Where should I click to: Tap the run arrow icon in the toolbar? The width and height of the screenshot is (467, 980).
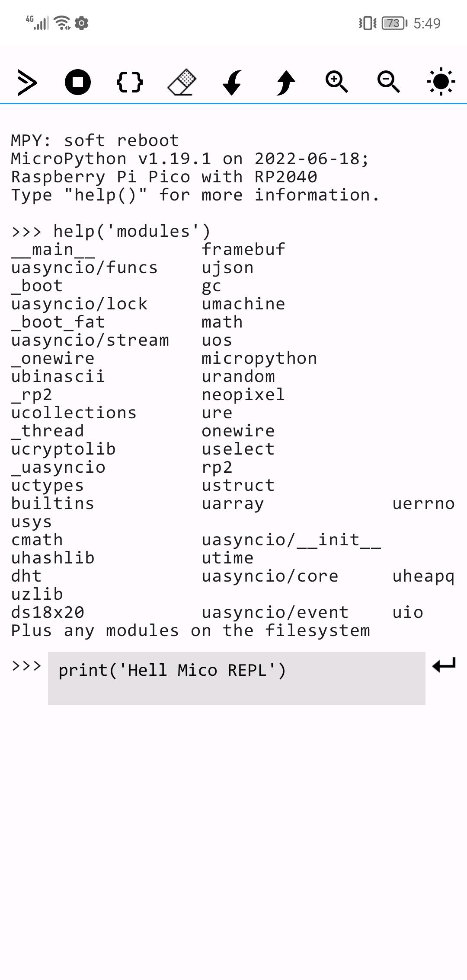(27, 82)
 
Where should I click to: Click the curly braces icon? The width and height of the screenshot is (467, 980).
(130, 82)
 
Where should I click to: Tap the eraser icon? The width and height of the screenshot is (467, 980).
(182, 82)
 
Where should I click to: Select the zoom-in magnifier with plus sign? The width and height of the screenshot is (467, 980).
(336, 82)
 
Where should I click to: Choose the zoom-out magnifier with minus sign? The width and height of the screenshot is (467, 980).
(388, 82)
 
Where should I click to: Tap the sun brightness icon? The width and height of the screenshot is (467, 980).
(441, 82)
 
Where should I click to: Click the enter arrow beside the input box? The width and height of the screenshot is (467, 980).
(444, 665)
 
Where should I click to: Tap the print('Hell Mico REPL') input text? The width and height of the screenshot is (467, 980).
(172, 670)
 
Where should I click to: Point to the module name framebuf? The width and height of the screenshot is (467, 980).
(243, 249)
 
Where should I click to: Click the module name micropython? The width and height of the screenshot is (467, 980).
(259, 358)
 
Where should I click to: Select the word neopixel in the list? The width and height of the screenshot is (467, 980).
(243, 395)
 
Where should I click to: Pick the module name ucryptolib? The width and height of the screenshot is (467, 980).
(63, 449)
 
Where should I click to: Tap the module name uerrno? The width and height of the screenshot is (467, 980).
(423, 503)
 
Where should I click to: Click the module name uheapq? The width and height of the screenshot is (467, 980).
(423, 576)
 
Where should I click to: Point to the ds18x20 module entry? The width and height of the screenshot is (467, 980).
(48, 612)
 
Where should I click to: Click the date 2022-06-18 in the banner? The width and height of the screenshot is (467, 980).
(307, 159)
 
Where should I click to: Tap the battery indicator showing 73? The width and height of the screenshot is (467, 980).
(393, 23)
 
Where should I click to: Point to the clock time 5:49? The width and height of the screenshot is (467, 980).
(427, 23)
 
